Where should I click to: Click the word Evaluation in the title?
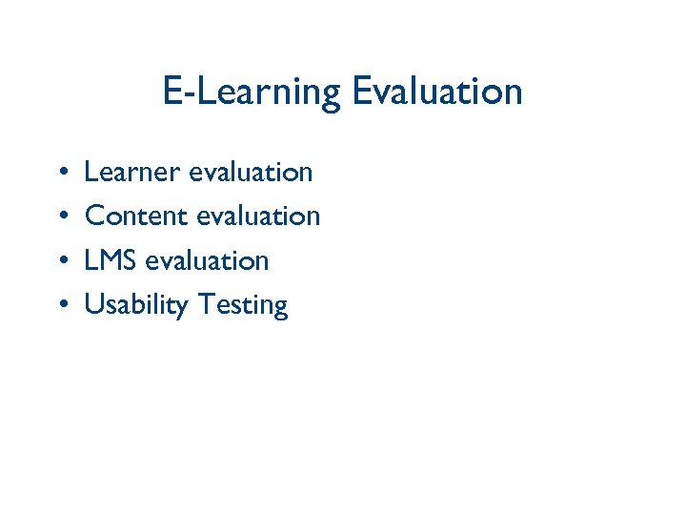click(436, 92)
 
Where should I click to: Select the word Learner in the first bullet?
click(131, 172)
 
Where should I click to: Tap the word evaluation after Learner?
click(251, 172)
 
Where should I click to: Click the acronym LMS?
click(111, 260)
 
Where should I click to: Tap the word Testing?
click(243, 305)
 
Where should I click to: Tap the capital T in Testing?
click(206, 304)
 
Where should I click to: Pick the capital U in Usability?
click(93, 304)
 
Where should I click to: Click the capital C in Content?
click(94, 216)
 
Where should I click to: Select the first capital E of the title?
click(172, 92)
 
